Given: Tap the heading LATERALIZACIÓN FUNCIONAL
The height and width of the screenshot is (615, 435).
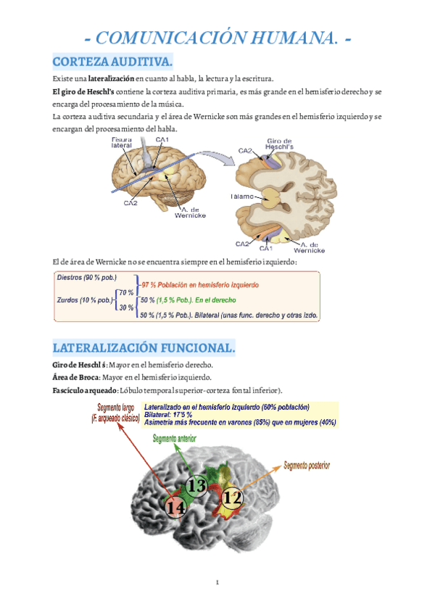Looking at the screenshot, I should click(x=144, y=348).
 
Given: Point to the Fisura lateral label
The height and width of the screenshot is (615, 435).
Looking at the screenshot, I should click(x=122, y=142).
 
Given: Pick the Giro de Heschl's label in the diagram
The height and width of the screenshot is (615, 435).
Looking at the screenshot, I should click(x=280, y=144).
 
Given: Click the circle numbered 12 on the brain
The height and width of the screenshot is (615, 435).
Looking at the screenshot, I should click(x=232, y=498).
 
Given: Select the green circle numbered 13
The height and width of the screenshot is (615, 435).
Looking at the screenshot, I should click(x=196, y=484).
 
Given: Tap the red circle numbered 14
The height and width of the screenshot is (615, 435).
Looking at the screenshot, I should click(x=175, y=508).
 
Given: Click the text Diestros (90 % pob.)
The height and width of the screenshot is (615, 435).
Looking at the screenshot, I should click(x=86, y=278).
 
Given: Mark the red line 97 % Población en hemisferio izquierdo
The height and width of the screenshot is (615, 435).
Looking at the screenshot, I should click(x=200, y=284).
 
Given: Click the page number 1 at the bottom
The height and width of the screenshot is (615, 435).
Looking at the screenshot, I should click(x=217, y=582).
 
